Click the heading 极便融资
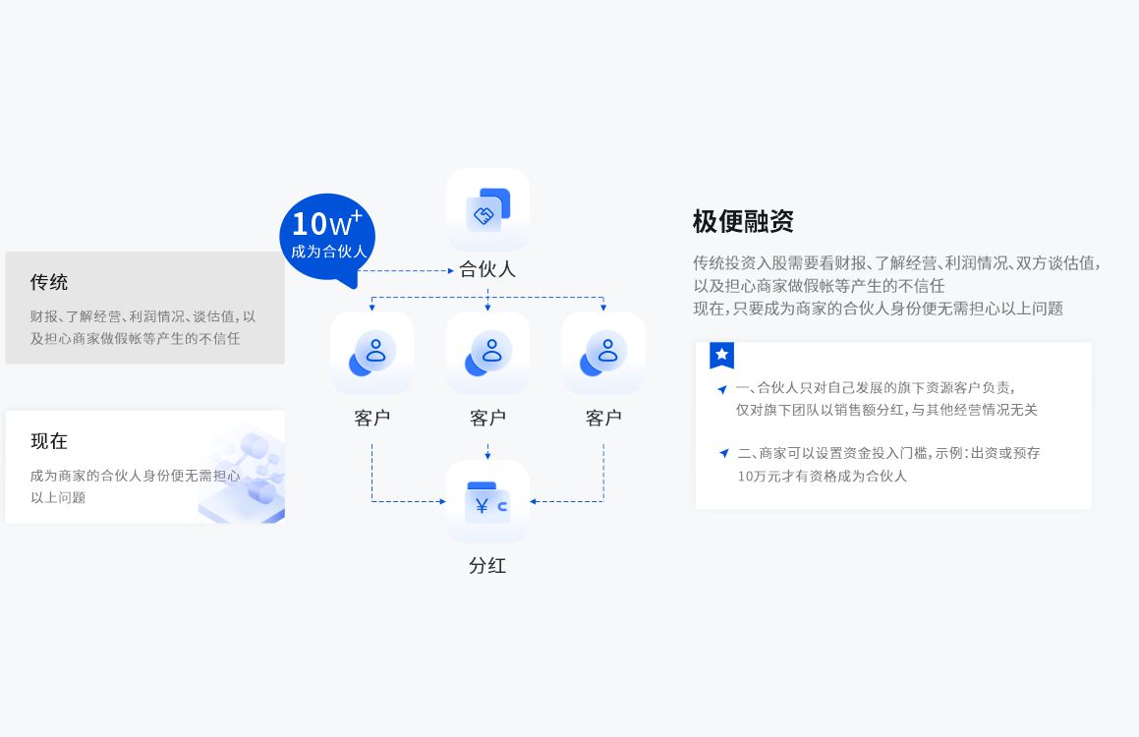click(742, 221)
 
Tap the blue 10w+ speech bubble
click(327, 238)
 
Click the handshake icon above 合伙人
click(487, 210)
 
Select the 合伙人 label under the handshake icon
click(487, 269)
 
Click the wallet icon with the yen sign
click(487, 502)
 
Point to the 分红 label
click(487, 566)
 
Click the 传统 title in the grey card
click(49, 282)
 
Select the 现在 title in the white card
click(49, 441)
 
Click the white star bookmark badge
click(721, 355)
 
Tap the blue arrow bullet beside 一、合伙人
click(722, 389)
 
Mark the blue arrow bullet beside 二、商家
click(723, 454)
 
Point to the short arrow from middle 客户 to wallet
click(487, 452)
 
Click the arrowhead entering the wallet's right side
click(534, 501)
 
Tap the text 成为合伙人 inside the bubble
click(328, 252)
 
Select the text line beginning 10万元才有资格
click(822, 477)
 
